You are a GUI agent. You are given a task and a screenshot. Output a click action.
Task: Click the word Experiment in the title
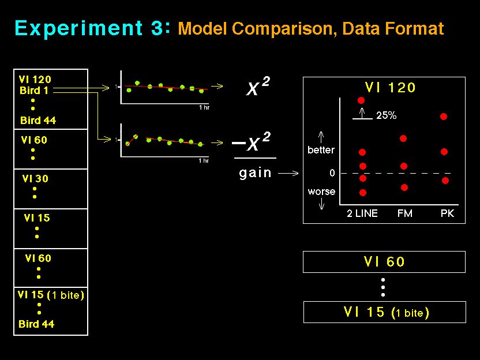pyautogui.click(x=78, y=29)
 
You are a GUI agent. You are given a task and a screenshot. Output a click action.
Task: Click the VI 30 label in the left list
pyautogui.click(x=35, y=178)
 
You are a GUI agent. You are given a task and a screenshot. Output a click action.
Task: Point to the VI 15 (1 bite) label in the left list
pyautogui.click(x=51, y=295)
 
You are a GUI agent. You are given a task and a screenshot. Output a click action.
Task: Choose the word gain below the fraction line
pyautogui.click(x=255, y=173)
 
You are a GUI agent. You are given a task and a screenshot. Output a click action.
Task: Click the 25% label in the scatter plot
pyautogui.click(x=387, y=115)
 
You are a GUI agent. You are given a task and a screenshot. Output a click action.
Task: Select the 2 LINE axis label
pyautogui.click(x=362, y=213)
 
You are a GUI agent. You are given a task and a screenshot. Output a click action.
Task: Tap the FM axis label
pyautogui.click(x=404, y=213)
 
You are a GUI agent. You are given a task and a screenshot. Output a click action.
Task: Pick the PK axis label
pyautogui.click(x=447, y=213)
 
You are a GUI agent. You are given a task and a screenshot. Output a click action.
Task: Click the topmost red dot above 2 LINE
pyautogui.click(x=361, y=100)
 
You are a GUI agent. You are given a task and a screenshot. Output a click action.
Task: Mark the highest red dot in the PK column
pyautogui.click(x=444, y=117)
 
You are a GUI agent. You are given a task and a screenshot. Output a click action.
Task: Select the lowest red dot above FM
pyautogui.click(x=404, y=187)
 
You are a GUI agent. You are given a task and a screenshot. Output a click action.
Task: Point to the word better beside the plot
pyautogui.click(x=321, y=149)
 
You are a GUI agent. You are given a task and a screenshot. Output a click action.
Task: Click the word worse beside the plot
pyautogui.click(x=321, y=192)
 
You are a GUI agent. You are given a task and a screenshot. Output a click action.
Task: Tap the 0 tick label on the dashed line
pyautogui.click(x=332, y=173)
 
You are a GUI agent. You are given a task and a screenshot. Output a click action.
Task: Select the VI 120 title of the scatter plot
pyautogui.click(x=391, y=88)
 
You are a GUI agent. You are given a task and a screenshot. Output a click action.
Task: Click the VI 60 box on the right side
pyautogui.click(x=384, y=262)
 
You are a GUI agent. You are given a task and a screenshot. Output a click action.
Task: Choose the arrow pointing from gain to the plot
pyautogui.click(x=288, y=173)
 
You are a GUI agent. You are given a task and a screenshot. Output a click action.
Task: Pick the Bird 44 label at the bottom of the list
pyautogui.click(x=36, y=324)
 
